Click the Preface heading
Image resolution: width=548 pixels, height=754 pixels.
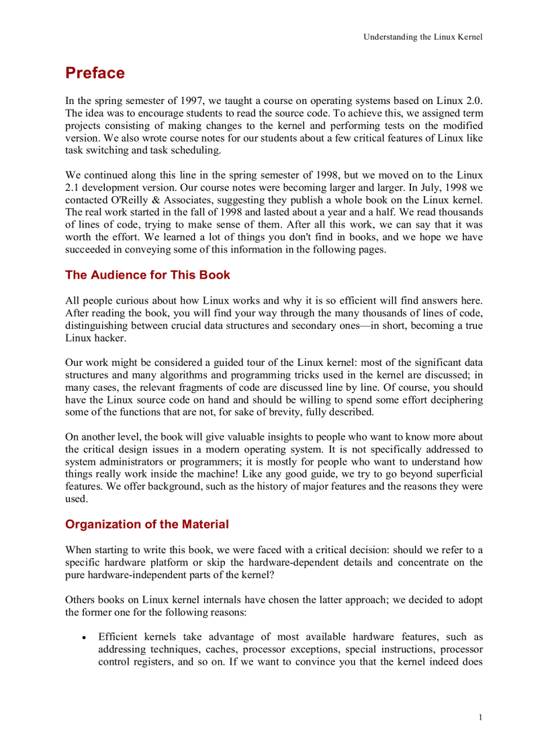pos(95,73)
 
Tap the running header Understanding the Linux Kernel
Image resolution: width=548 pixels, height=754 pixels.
pos(422,37)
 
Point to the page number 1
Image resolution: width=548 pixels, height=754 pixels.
pos(480,718)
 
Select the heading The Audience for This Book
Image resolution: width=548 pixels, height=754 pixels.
pos(147,275)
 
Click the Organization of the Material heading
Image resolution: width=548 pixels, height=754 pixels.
pos(146,524)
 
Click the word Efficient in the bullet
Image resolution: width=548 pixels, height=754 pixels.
pos(119,637)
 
